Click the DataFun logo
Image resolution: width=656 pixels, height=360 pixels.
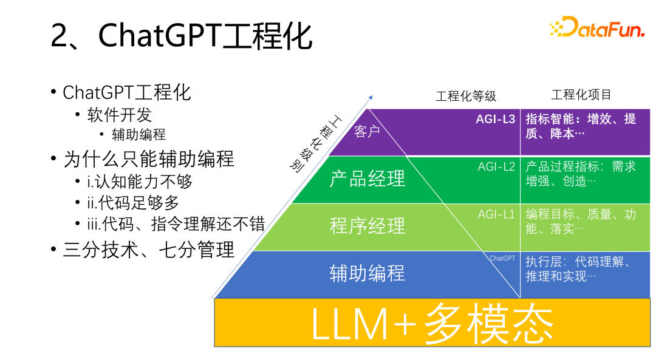tap(596, 28)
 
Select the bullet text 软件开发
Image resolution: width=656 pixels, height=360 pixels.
tap(120, 115)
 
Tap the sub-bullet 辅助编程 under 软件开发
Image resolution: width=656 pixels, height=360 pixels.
tap(139, 135)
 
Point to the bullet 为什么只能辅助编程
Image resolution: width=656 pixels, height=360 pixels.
tap(149, 159)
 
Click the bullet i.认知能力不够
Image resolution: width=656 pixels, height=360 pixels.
tap(140, 181)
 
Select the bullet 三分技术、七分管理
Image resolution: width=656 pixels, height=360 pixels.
tap(149, 250)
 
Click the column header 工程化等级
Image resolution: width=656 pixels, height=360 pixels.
tap(466, 96)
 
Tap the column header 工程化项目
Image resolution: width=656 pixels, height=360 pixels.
tap(581, 95)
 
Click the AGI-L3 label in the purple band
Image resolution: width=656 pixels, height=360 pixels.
tap(495, 119)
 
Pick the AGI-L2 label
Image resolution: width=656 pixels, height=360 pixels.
tap(496, 166)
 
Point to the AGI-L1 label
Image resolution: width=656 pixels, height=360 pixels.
tap(496, 214)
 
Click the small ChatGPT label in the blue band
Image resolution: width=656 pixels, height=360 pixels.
tap(502, 258)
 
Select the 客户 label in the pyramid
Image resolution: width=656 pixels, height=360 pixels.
tap(367, 131)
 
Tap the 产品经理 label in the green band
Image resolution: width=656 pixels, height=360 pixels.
tap(367, 179)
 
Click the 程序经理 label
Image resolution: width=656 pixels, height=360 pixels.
tap(367, 226)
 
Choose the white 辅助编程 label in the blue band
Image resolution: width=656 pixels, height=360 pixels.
tap(367, 273)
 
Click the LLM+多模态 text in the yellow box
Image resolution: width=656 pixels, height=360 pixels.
tap(432, 324)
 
